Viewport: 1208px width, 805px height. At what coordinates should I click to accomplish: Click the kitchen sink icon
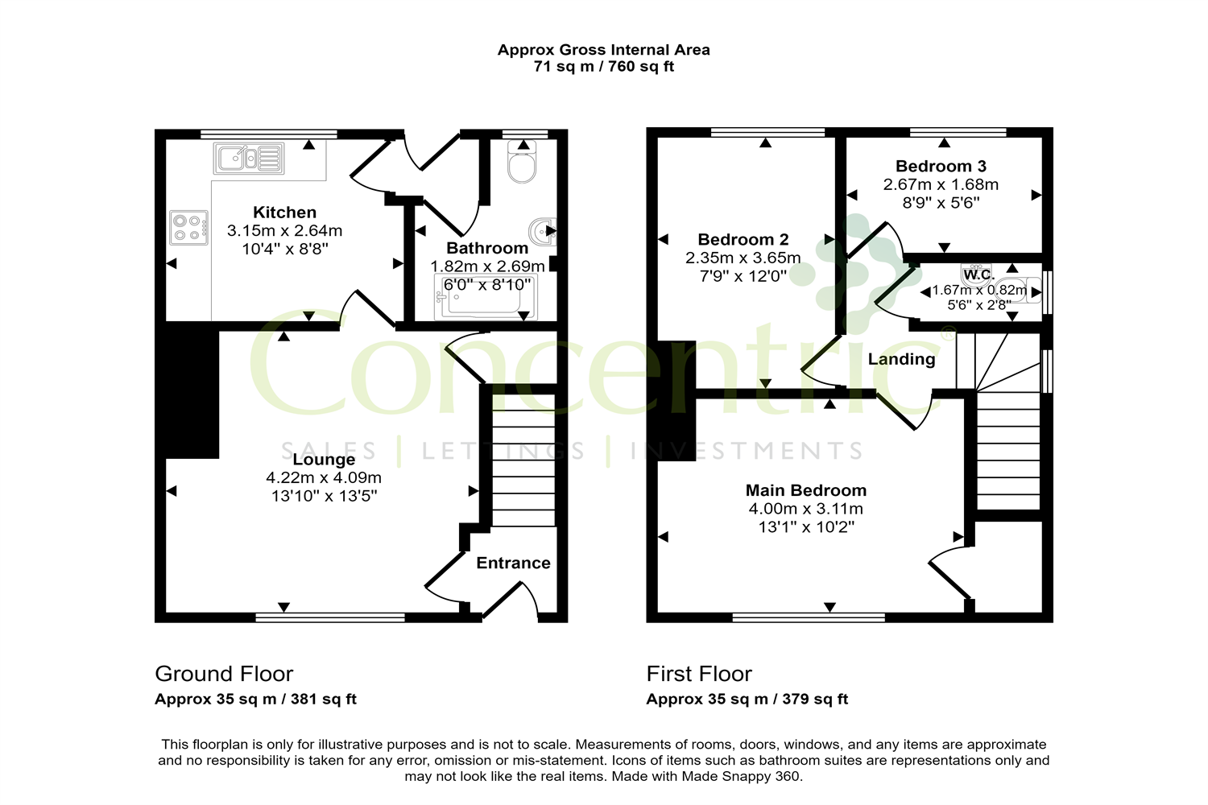pyautogui.click(x=249, y=159)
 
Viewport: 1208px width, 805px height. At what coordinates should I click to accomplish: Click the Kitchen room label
pyautogui.click(x=284, y=213)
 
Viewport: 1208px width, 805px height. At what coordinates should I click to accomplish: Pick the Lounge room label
pyautogui.click(x=324, y=460)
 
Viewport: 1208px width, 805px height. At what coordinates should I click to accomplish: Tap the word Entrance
pyautogui.click(x=513, y=563)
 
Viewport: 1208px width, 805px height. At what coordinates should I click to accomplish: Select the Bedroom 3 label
pyautogui.click(x=941, y=167)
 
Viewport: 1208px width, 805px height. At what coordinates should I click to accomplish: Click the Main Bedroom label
pyautogui.click(x=805, y=490)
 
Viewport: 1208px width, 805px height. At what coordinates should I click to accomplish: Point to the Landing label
pyautogui.click(x=901, y=359)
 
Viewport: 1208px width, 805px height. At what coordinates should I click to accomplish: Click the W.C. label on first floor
pyautogui.click(x=978, y=275)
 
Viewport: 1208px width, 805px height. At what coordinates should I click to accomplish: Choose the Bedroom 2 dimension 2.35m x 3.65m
pyautogui.click(x=743, y=258)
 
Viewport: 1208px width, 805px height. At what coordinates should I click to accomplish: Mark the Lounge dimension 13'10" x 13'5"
pyautogui.click(x=324, y=496)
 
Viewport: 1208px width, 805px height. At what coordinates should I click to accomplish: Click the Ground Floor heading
pyautogui.click(x=224, y=674)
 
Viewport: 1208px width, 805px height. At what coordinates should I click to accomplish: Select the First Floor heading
pyautogui.click(x=699, y=674)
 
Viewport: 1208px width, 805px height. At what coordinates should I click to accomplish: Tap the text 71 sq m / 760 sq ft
pyautogui.click(x=603, y=67)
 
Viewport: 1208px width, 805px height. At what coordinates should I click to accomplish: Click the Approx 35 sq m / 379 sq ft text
pyautogui.click(x=747, y=700)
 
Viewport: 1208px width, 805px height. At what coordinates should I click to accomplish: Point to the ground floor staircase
pyautogui.click(x=523, y=459)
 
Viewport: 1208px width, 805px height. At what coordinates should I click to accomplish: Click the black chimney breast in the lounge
pyautogui.click(x=192, y=390)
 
